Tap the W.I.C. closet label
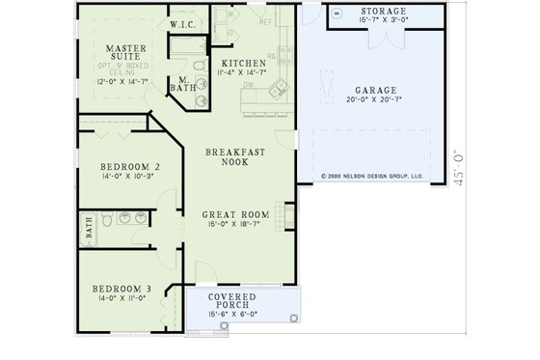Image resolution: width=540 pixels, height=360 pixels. pos(184,22)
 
